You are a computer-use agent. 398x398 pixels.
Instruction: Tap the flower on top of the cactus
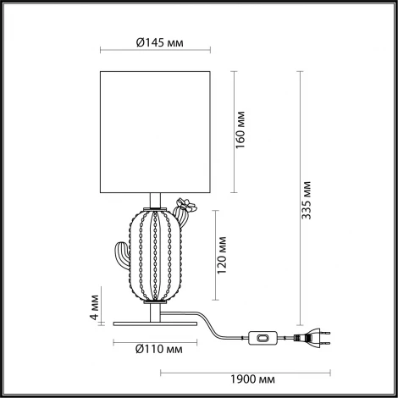tap(184, 203)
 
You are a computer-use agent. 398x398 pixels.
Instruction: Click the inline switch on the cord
tap(264, 340)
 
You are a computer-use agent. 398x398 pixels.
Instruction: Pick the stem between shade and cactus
tap(152, 201)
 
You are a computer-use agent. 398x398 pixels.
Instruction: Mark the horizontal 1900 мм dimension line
tap(245, 369)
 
